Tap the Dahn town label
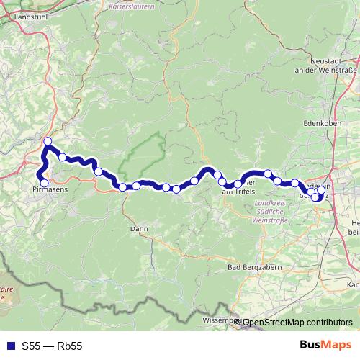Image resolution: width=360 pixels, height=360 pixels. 138,228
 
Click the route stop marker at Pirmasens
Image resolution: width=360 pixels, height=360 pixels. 44,183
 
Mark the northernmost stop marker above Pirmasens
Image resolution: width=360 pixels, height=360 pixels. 48,141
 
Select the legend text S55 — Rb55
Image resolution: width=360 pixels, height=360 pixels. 51,346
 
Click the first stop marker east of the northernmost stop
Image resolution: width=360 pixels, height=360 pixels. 63,157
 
